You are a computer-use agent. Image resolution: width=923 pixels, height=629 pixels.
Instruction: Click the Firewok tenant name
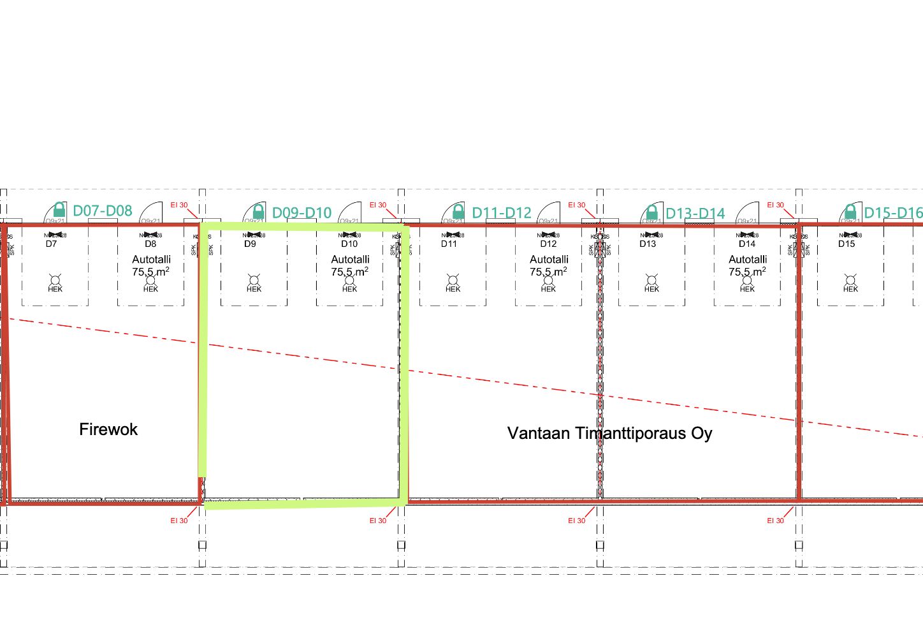pos(108,429)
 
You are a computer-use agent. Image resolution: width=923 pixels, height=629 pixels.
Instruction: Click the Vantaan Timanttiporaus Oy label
pos(609,433)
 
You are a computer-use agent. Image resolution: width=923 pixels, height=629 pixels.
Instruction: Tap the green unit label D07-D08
pos(103,211)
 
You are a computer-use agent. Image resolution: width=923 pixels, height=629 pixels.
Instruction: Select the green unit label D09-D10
pos(302,212)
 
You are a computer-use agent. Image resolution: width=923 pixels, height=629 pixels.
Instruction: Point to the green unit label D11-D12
pos(501,212)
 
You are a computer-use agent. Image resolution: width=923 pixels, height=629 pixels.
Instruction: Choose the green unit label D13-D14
pos(695,213)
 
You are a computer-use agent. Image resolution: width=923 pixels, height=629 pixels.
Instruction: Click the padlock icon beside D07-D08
pos(59,209)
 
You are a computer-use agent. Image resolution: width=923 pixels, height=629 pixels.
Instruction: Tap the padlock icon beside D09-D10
pos(258,211)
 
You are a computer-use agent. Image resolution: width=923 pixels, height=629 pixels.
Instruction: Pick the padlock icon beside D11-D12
pos(458,211)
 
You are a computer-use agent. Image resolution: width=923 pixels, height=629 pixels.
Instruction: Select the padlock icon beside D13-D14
pos(651,211)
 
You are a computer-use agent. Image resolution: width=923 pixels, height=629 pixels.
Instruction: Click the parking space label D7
pos(51,244)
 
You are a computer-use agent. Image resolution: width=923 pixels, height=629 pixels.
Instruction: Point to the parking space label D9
pos(250,244)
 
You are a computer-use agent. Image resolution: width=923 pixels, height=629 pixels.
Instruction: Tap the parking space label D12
pos(548,244)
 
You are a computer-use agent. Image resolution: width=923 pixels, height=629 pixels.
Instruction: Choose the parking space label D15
pos(847,244)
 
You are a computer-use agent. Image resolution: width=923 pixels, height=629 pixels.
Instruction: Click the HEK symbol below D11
pos(453,283)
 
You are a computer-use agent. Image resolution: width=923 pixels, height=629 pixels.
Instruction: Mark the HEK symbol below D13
pos(651,283)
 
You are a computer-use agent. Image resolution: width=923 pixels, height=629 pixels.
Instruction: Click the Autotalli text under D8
pos(151,260)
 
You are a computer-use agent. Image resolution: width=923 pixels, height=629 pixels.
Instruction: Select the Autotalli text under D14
pos(748,260)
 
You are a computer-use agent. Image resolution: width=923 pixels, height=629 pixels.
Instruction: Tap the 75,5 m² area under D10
pos(349,272)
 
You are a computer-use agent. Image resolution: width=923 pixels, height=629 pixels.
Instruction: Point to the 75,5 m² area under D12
pos(548,272)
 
